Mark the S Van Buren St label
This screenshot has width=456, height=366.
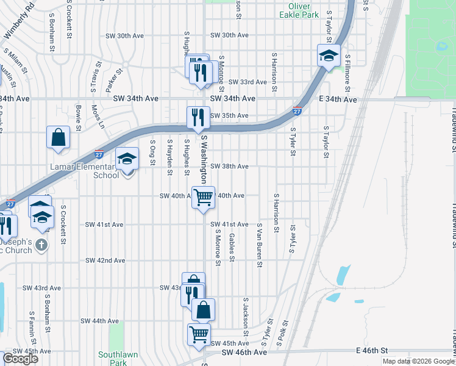coord(260,245)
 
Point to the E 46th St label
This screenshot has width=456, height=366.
coord(372,351)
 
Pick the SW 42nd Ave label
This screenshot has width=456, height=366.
coord(105,260)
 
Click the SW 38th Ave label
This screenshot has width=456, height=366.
coord(229,167)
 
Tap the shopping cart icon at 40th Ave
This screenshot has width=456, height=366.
coord(203,196)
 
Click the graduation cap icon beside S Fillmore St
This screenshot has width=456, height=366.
coord(329,56)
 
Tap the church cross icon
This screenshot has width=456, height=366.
coord(41,245)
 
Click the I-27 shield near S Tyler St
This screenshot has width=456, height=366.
coord(297,112)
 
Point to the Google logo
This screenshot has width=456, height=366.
coord(20,359)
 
